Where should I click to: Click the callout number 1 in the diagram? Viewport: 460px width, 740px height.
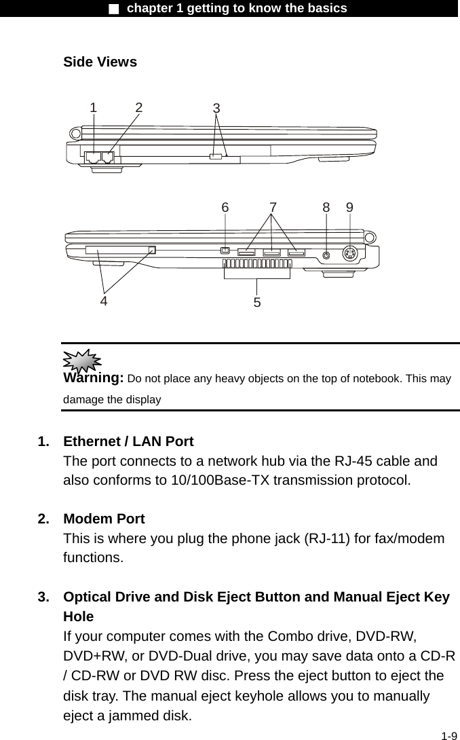point(94,107)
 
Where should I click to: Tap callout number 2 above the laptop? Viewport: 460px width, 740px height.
point(139,107)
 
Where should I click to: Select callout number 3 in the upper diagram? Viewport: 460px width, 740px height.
point(216,109)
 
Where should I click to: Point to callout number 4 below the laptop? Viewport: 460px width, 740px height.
point(104,300)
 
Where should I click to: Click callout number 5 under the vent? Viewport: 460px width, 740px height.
point(257,302)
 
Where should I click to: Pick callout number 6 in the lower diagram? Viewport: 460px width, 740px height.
point(225,208)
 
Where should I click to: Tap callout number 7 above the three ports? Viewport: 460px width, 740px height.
point(273,208)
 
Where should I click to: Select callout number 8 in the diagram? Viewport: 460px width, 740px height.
point(326,208)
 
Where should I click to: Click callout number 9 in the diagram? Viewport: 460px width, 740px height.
point(349,208)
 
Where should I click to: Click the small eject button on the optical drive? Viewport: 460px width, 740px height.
point(216,157)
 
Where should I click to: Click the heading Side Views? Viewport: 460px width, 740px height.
point(100,62)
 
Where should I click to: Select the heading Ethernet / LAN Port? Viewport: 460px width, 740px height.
point(128,442)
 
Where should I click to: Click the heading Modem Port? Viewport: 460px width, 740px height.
point(104,519)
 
